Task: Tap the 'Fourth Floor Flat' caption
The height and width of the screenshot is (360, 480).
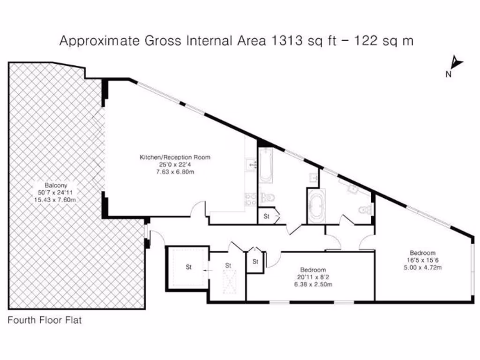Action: pos(45,321)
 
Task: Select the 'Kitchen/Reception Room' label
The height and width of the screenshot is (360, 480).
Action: pos(175,157)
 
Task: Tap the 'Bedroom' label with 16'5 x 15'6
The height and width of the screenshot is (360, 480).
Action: pos(422,253)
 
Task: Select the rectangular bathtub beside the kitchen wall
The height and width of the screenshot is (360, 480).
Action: pos(266,165)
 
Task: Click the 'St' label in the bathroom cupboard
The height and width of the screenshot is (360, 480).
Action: pos(267,217)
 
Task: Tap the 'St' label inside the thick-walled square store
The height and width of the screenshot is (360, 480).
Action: pos(188,268)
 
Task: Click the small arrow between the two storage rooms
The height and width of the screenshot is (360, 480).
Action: pos(207,270)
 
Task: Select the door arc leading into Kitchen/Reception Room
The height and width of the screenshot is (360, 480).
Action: pos(198,210)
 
